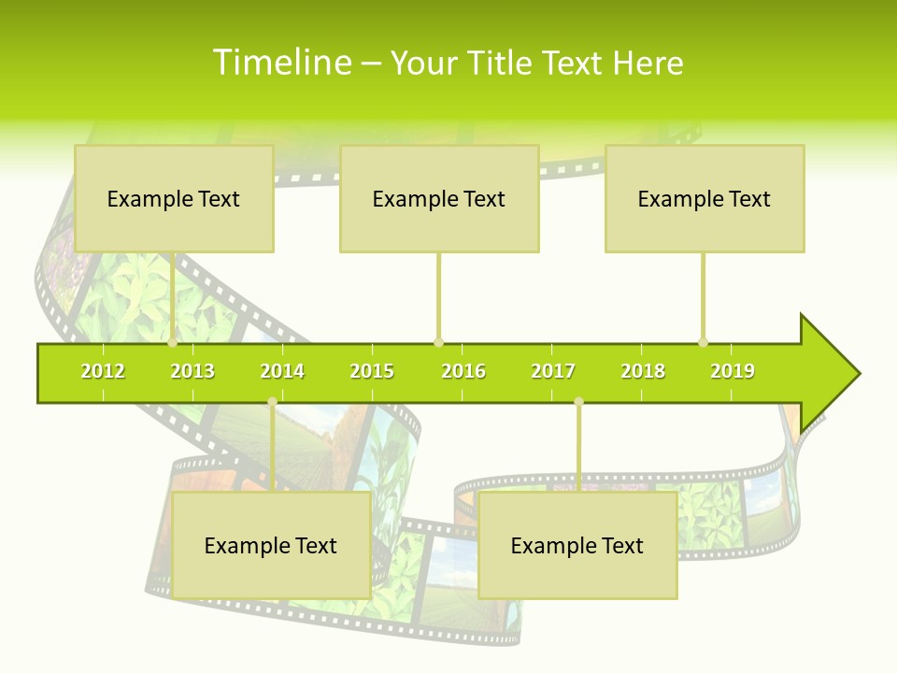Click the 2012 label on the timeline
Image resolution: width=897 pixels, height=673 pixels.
[x=103, y=371]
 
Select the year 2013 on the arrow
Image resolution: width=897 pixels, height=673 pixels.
[x=192, y=371]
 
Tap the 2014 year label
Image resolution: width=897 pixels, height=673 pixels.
[x=282, y=371]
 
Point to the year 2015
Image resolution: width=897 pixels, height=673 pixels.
[x=372, y=371]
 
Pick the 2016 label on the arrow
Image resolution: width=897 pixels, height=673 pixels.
[x=463, y=371]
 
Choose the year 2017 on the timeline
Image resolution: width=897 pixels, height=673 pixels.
[x=553, y=371]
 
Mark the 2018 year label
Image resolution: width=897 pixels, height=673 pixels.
[x=643, y=371]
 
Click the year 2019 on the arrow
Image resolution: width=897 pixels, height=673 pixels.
[x=733, y=371]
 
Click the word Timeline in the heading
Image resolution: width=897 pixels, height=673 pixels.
[x=281, y=63]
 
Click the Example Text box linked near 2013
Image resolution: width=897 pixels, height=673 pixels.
[x=174, y=198]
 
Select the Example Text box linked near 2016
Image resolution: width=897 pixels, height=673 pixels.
[x=439, y=198]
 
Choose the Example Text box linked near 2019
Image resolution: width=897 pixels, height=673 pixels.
[x=705, y=198]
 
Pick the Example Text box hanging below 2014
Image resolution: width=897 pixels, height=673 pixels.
[x=271, y=545]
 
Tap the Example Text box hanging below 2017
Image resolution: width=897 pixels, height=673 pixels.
[x=577, y=545]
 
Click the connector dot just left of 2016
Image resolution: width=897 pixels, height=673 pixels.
[x=438, y=342]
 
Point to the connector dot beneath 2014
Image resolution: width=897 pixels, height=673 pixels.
[x=272, y=402]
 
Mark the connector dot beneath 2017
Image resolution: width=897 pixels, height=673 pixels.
[x=578, y=402]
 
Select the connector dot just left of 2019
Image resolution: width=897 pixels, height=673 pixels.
[x=703, y=342]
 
